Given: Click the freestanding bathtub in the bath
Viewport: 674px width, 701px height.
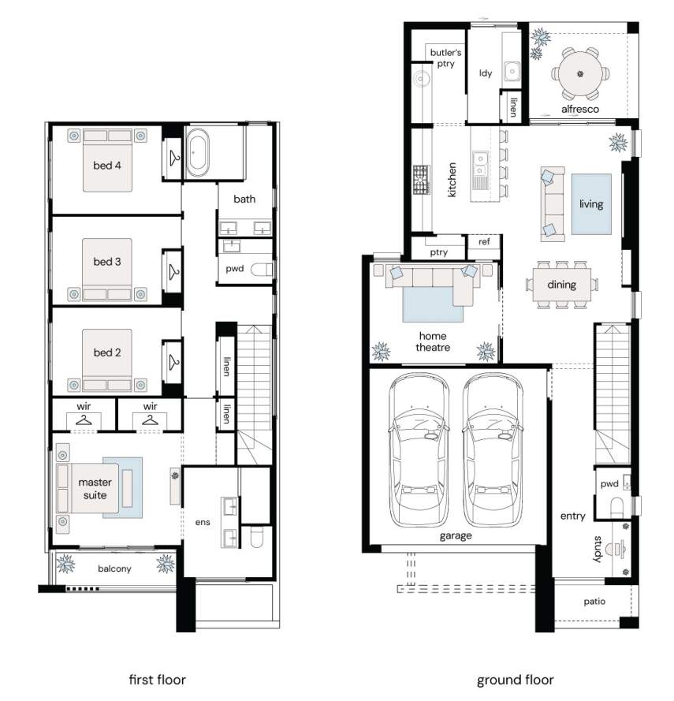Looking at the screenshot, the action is pos(197,152).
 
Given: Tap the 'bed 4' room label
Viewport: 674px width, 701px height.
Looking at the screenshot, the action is pos(107,166).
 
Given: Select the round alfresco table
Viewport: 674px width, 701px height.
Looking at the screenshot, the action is pos(580,73).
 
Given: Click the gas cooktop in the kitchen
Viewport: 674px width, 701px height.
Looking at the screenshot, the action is pos(421,180).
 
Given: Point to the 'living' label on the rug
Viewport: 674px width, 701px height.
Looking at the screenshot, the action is pos(591,204).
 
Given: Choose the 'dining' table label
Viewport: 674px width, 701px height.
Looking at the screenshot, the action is pos(562,285).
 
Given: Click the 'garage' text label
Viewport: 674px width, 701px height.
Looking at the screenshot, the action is pos(456,535).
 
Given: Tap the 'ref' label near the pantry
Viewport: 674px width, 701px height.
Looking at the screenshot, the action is pos(484,242).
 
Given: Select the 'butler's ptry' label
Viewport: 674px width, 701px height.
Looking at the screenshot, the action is pos(445,58).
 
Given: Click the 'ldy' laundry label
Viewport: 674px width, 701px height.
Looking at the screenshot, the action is pos(486,73).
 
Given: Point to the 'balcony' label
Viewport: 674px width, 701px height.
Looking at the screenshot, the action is pos(114,569).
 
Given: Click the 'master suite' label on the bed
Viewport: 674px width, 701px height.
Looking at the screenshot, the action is pos(95,489).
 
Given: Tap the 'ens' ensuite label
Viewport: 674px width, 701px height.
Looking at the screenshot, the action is pos(203,522).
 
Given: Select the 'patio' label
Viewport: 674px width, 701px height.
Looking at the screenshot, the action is pos(594,602).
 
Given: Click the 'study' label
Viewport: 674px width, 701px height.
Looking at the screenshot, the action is pos(598,549).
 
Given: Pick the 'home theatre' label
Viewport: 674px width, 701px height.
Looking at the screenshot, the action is pos(433,341).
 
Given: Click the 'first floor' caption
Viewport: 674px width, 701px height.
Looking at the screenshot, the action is pos(158,680).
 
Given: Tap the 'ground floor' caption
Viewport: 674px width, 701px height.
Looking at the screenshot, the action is pos(515,680).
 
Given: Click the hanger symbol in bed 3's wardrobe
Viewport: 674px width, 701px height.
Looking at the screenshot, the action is pos(173,272).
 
